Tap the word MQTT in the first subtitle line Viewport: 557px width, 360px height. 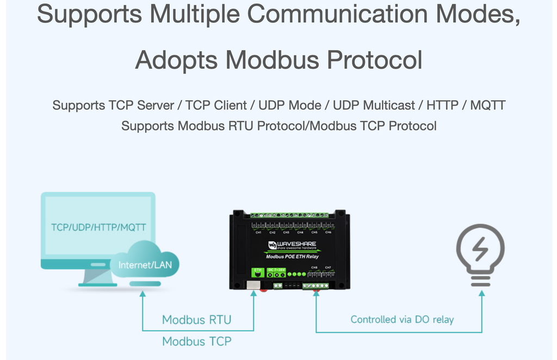tap(488, 105)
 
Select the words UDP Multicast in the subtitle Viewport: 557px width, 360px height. tap(375, 105)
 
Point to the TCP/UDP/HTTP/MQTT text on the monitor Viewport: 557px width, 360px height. tap(98, 227)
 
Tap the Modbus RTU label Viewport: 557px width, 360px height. tap(196, 320)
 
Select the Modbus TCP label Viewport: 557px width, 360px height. tap(196, 342)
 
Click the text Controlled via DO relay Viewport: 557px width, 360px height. tap(402, 320)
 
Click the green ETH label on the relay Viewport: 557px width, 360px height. tap(257, 270)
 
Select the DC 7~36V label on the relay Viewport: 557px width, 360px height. tap(277, 270)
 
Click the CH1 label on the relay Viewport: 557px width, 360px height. tap(258, 233)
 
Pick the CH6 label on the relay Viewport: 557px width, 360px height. tap(328, 233)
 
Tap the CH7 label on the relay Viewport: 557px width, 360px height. tap(328, 268)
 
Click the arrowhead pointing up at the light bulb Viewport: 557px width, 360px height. tap(481, 294)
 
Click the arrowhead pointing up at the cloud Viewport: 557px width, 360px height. tap(143, 294)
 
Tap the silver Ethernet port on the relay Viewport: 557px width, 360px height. tap(253, 284)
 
